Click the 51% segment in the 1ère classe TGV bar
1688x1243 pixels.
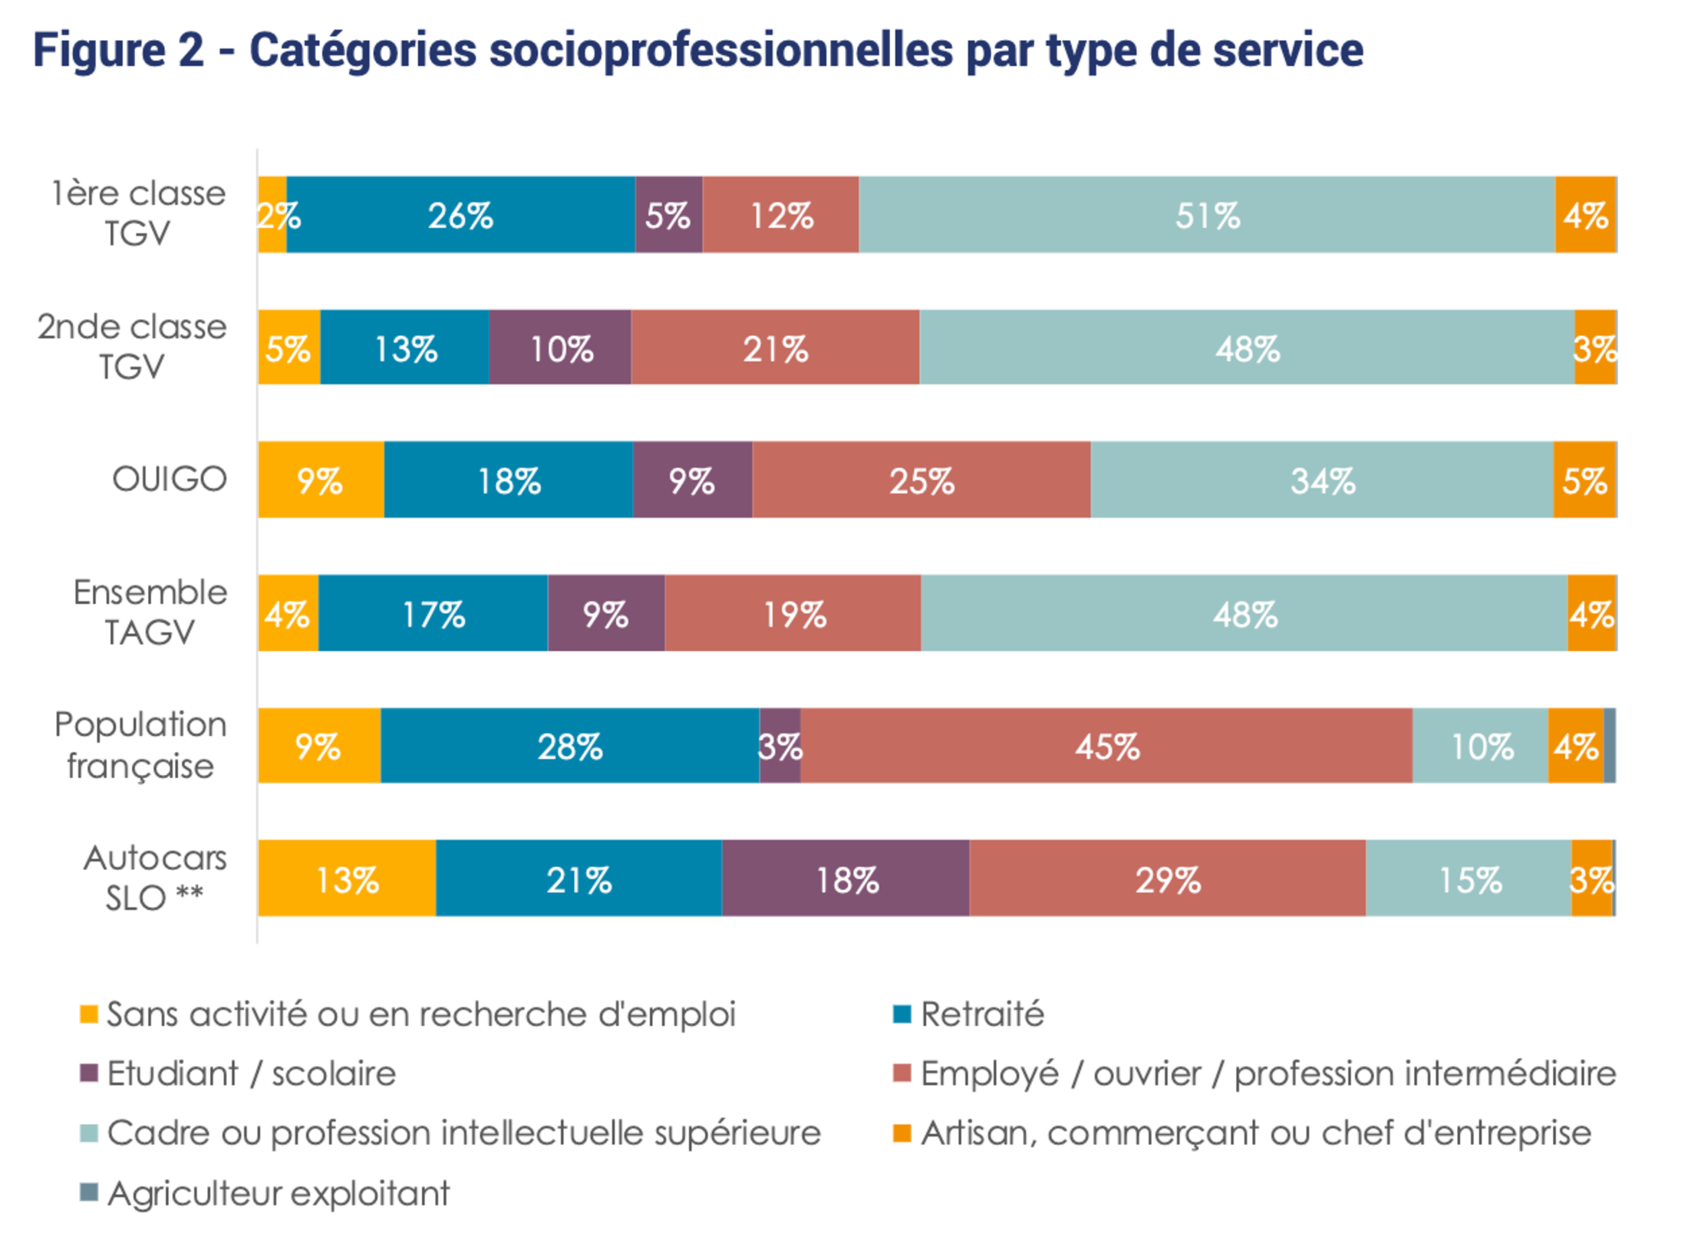[1206, 215]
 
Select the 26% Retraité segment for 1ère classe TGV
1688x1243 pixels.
[460, 215]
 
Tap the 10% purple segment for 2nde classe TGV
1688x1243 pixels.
[560, 348]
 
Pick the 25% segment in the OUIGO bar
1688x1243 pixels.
[921, 480]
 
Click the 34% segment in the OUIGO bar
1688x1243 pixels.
[1321, 480]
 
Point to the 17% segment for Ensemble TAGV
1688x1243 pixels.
[433, 614]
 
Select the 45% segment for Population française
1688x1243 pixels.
[1106, 746]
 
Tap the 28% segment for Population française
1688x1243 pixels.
[569, 746]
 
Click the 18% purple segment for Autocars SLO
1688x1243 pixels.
[846, 879]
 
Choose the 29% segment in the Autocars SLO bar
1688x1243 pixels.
[1167, 879]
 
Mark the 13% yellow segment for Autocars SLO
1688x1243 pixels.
[347, 879]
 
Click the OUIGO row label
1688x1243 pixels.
[170, 480]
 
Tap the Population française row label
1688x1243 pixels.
[140, 745]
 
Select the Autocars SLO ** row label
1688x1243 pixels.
[155, 878]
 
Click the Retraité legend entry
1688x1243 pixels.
[982, 1014]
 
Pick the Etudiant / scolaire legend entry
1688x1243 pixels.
[251, 1073]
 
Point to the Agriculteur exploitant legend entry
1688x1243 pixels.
[278, 1193]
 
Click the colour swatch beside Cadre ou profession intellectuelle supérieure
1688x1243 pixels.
[89, 1133]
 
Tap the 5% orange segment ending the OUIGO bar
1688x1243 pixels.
[1584, 480]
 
